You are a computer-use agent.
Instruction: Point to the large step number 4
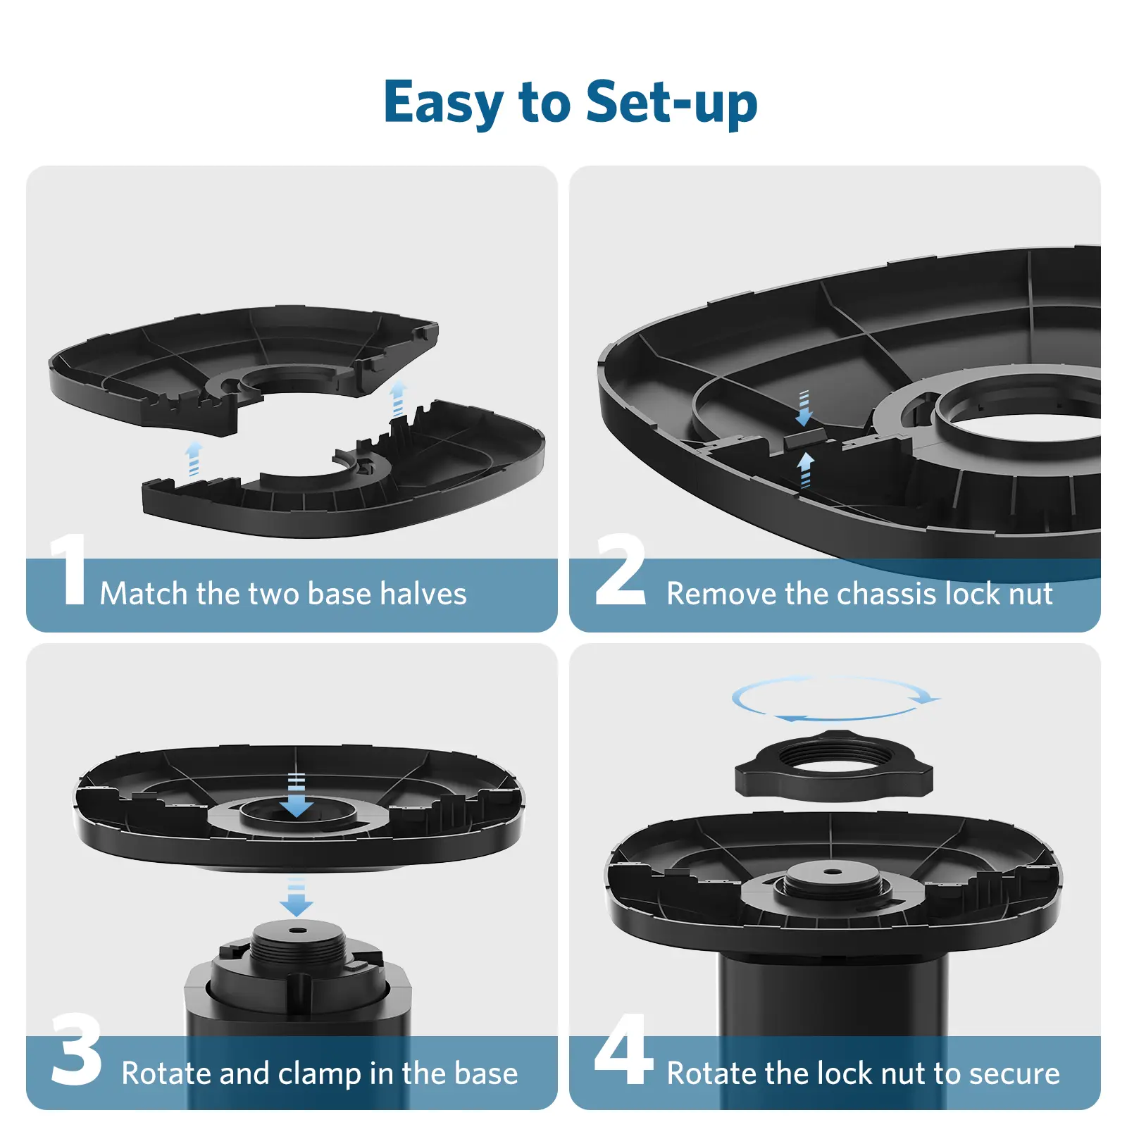[624, 1049]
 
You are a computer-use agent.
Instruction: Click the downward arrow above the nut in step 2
[804, 409]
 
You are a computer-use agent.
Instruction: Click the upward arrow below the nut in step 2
[806, 470]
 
